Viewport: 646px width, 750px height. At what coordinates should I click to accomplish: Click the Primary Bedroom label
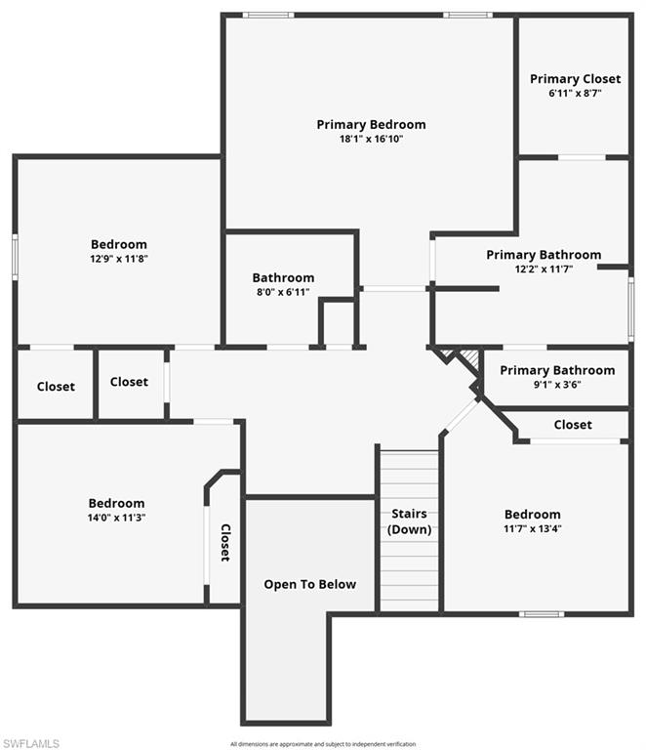(x=371, y=124)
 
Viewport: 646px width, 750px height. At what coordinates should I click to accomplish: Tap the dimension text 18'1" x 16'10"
(x=371, y=139)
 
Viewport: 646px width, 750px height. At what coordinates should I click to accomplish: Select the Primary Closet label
(x=575, y=79)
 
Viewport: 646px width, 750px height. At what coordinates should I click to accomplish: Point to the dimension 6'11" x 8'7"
(x=575, y=94)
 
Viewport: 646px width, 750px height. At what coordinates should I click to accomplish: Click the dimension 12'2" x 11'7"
(x=544, y=269)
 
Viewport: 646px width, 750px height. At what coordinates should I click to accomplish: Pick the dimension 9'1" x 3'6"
(x=557, y=385)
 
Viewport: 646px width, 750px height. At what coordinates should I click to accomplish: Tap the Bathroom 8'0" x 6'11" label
(x=283, y=277)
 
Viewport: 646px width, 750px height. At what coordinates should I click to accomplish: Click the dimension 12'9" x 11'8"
(x=119, y=259)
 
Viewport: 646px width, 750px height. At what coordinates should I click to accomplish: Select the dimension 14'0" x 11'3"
(x=117, y=518)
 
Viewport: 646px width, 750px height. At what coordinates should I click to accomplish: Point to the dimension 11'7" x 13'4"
(x=533, y=528)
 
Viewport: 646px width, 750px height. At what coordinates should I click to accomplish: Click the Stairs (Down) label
(x=410, y=521)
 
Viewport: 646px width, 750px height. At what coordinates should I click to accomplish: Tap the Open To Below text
(x=310, y=584)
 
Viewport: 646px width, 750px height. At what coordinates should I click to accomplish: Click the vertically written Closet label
(x=224, y=543)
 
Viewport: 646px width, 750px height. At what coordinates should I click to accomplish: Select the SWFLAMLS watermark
(x=30, y=743)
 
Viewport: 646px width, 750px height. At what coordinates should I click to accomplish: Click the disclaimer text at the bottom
(x=323, y=744)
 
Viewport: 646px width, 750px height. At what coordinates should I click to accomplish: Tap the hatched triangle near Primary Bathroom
(x=468, y=362)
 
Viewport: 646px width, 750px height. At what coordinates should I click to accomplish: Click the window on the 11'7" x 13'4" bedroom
(x=542, y=613)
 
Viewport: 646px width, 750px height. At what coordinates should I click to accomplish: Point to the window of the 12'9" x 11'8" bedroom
(x=15, y=256)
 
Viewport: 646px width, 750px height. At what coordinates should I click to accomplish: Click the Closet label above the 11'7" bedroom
(x=573, y=425)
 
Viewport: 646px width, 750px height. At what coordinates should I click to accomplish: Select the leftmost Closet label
(x=56, y=387)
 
